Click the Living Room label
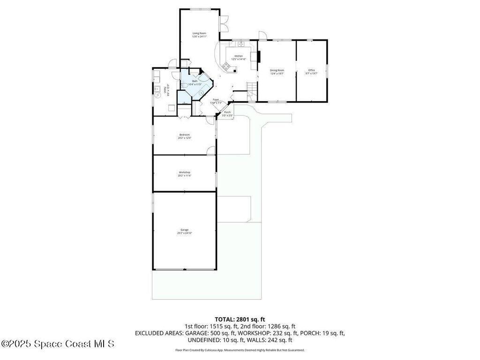[x=200, y=33]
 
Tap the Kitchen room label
[x=239, y=56]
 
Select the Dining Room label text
[x=277, y=70]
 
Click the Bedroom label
[x=184, y=135]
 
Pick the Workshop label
[x=184, y=172]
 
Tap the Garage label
[x=184, y=230]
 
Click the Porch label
[x=227, y=112]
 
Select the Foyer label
[x=216, y=99]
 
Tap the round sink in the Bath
[x=201, y=93]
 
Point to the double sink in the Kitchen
[x=242, y=45]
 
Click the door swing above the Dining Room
[x=262, y=36]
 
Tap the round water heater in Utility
[x=157, y=94]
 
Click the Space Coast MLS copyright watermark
[x=57, y=344]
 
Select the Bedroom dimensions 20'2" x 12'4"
[x=184, y=138]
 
